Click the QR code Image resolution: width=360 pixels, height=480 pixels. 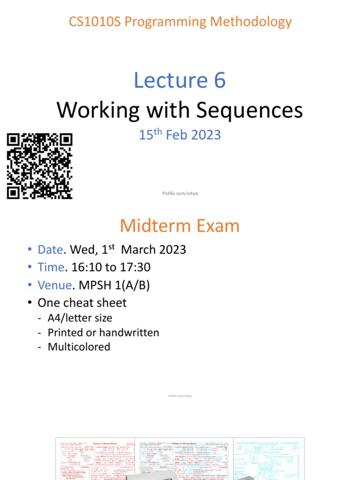tap(40, 166)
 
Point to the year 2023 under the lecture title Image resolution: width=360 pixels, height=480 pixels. tap(205, 135)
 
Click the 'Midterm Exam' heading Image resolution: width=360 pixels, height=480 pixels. tap(180, 226)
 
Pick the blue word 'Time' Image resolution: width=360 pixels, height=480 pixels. tap(51, 267)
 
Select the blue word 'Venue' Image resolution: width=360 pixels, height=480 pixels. tap(53, 285)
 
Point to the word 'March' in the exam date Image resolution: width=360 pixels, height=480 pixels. tap(138, 249)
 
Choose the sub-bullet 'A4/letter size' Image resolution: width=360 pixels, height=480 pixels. tap(80, 318)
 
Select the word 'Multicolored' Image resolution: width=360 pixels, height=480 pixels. tap(79, 347)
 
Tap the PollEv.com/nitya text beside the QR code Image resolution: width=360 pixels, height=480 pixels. tap(180, 193)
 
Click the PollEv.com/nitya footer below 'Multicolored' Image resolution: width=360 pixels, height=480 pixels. tap(180, 396)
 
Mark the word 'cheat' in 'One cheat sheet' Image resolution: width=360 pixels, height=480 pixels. tap(80, 303)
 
